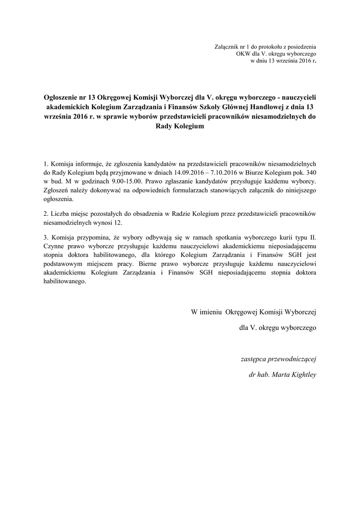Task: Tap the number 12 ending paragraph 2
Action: click(117, 223)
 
